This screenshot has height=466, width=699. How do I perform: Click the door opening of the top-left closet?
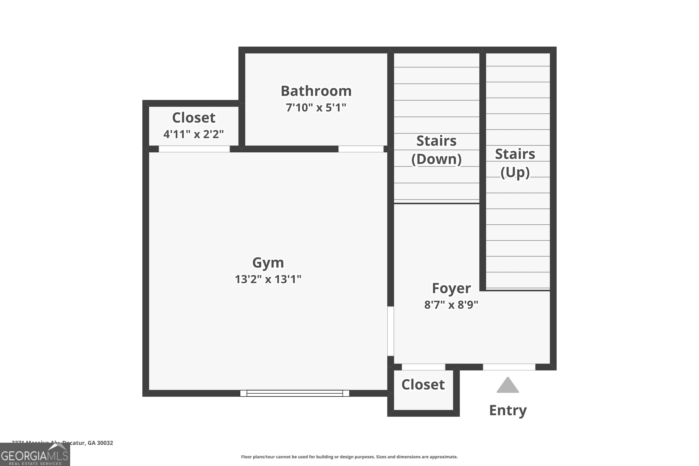pos(194,149)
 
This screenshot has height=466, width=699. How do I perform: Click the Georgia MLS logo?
pos(35,455)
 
